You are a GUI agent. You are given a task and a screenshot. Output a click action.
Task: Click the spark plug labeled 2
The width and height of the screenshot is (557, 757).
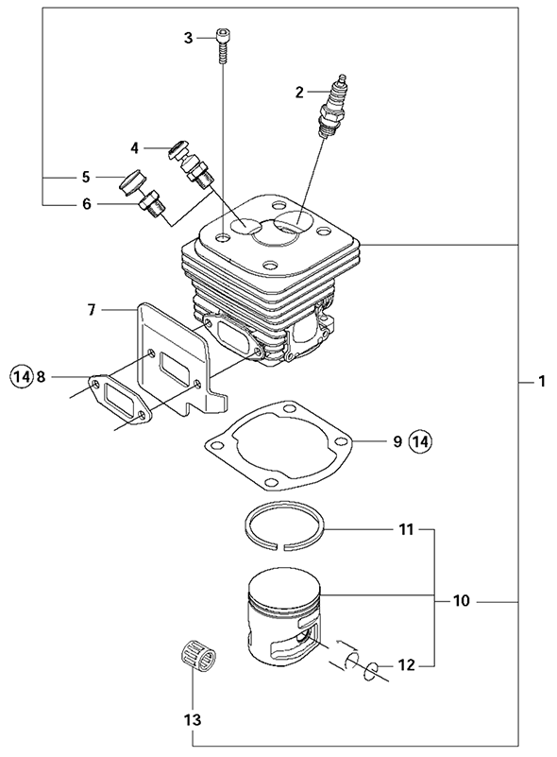click(x=334, y=108)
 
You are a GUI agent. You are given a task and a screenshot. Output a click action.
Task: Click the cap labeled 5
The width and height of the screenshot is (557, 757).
click(x=132, y=180)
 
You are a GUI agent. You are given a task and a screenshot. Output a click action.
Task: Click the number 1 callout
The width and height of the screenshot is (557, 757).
click(x=542, y=382)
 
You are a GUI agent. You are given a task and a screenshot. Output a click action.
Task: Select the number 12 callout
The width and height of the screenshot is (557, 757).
click(x=406, y=665)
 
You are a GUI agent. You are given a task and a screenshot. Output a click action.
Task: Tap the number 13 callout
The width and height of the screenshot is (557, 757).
click(x=192, y=719)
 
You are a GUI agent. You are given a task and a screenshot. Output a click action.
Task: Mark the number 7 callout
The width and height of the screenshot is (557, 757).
click(x=92, y=309)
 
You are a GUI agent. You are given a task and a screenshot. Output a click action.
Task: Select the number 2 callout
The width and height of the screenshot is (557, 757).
click(x=299, y=92)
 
